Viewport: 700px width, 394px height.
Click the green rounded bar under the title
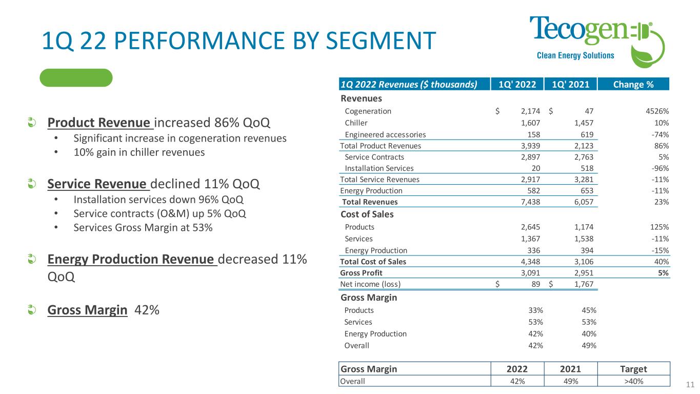point(76,77)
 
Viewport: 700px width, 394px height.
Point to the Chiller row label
point(356,123)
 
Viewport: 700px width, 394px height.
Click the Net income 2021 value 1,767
point(583,284)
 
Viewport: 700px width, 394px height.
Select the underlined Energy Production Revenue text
point(132,260)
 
